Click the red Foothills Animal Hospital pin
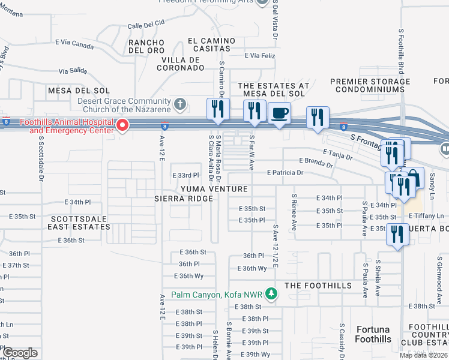coord(122,125)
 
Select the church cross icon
coord(179,105)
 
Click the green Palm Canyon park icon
coord(271,294)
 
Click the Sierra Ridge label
coord(184,198)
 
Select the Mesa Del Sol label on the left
coord(79,90)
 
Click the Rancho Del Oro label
coord(147,46)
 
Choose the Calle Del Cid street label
coord(146,25)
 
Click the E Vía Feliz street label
coord(259,55)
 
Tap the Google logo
coord(20,353)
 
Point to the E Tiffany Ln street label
coord(427,216)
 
